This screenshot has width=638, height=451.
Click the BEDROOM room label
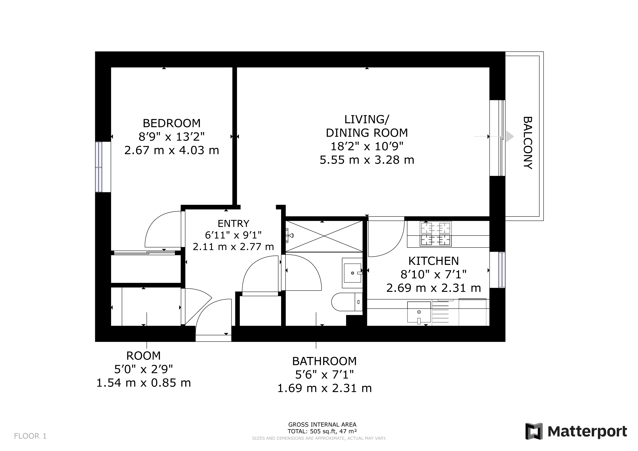click(171, 123)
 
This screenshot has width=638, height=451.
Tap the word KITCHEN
click(434, 261)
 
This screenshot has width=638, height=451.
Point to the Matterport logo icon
click(534, 431)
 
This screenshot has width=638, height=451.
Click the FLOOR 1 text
click(30, 436)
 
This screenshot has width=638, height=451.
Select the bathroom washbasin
click(352, 273)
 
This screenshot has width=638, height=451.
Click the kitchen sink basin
click(419, 312)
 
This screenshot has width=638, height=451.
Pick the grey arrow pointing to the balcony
click(509, 137)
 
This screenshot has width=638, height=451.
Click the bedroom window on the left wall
click(99, 167)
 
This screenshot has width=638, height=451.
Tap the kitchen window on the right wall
click(502, 270)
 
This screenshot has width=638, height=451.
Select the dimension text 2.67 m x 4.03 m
click(171, 151)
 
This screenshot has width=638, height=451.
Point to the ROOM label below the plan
click(143, 356)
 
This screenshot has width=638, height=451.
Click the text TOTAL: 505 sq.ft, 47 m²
click(322, 431)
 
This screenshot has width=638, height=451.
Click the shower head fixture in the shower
click(290, 235)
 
